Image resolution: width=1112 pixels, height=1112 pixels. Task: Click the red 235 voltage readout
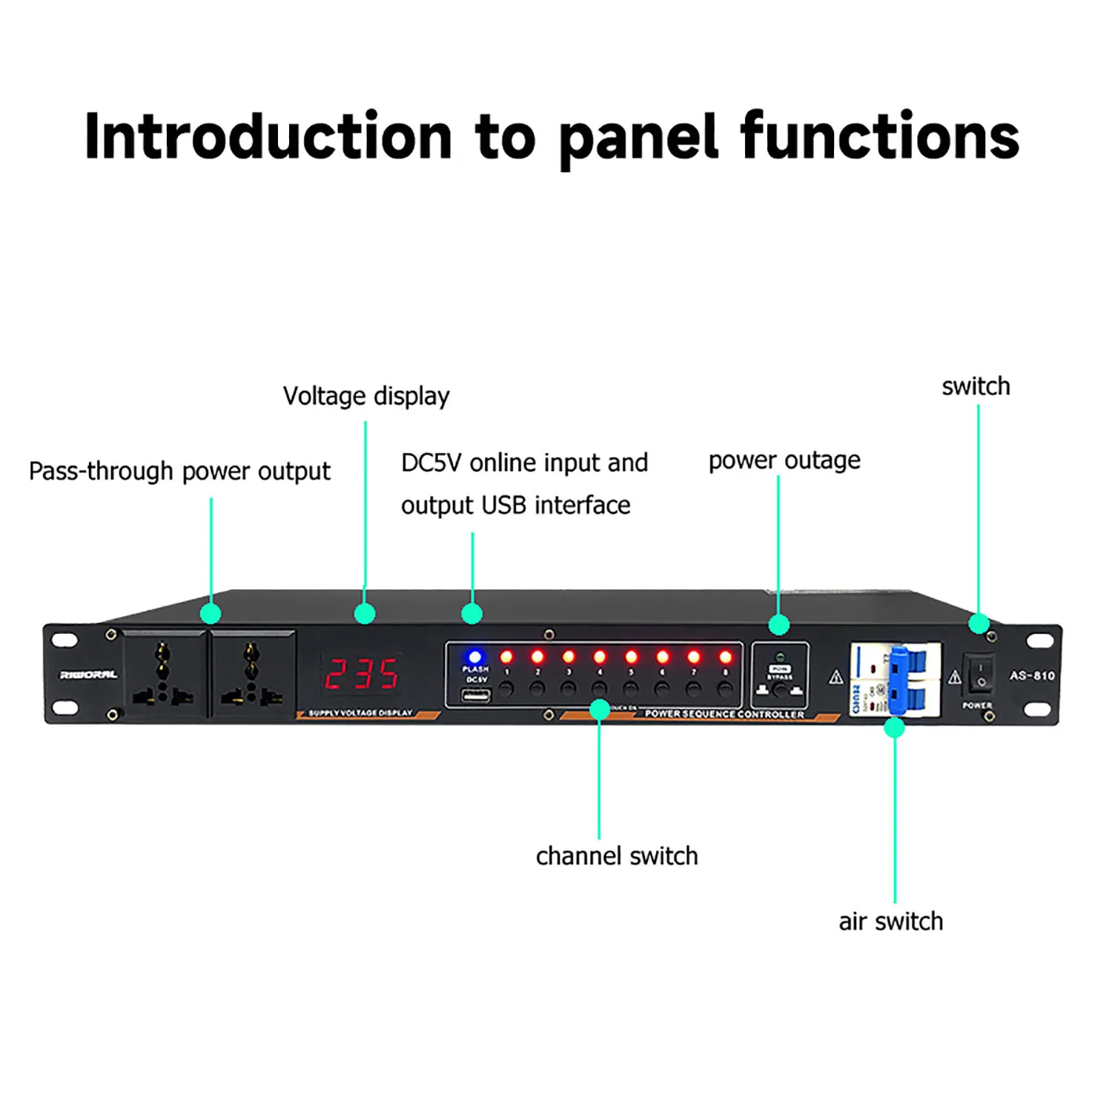[363, 674]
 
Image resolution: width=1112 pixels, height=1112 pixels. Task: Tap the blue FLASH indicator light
[474, 657]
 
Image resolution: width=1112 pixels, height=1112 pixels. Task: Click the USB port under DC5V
[475, 695]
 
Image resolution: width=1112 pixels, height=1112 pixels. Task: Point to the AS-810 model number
[1032, 675]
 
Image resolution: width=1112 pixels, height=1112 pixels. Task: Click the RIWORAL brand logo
[88, 675]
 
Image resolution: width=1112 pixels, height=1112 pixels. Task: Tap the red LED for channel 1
[506, 657]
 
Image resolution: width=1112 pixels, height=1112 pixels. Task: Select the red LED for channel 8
[725, 657]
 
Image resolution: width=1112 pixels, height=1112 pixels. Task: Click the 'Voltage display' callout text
[366, 397]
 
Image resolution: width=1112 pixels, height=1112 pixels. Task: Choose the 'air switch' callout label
[890, 921]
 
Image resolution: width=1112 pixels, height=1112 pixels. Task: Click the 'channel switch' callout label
[617, 856]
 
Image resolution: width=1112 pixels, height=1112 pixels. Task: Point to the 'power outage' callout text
[784, 461]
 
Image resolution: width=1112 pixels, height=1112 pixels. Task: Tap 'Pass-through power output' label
[179, 471]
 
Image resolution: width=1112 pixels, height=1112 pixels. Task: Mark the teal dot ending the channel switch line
[600, 710]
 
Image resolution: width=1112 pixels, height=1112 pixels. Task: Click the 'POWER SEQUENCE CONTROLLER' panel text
[724, 714]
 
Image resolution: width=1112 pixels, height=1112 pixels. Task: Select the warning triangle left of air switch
[836, 677]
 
